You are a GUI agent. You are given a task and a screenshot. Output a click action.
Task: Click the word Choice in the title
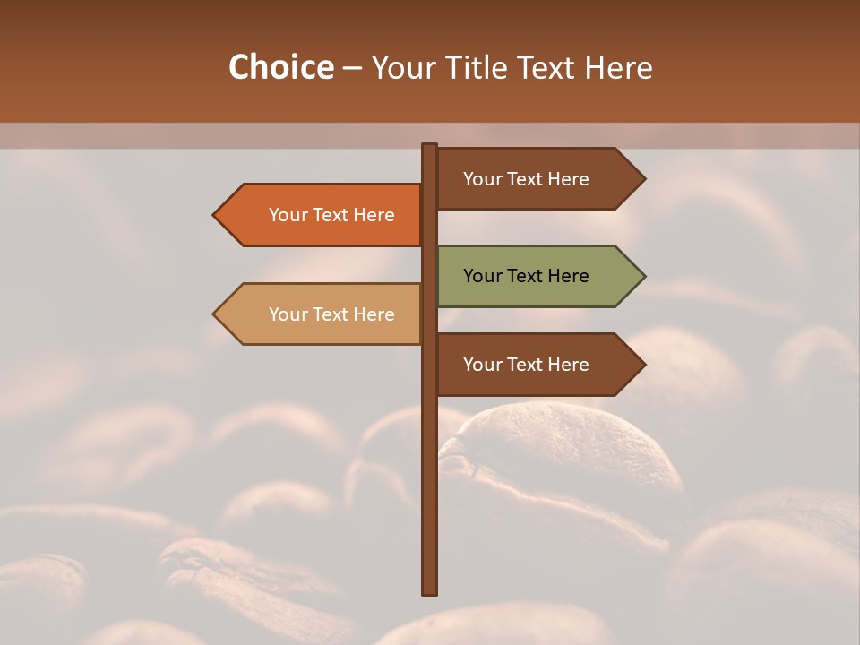[280, 67]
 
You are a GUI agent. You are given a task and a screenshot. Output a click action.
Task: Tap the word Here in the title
[618, 68]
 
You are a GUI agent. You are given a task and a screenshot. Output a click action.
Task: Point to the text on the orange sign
[331, 215]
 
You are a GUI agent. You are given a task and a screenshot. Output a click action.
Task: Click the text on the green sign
[526, 276]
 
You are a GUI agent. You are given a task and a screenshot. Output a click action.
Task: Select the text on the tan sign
[331, 314]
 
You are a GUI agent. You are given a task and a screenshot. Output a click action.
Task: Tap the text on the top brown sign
[526, 178]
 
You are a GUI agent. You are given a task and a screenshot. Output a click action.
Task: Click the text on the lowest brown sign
[526, 364]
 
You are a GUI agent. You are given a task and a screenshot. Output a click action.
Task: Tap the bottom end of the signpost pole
[429, 590]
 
